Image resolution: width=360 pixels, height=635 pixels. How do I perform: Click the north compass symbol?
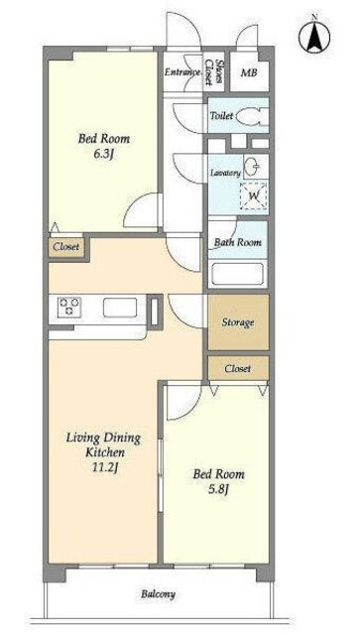pos(314,36)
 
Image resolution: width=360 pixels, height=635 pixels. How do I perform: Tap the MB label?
pos(249,72)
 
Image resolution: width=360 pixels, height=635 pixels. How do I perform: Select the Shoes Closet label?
pos(214,72)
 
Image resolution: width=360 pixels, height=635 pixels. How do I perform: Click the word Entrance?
pos(182,72)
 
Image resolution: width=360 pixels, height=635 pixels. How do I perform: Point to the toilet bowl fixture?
pos(252,116)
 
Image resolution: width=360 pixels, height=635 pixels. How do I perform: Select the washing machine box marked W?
pos(254,196)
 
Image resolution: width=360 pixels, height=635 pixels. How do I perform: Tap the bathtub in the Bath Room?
pos(238,274)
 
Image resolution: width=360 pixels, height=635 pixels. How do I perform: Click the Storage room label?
pos(238,322)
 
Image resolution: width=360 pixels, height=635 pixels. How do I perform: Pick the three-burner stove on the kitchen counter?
pos(69,307)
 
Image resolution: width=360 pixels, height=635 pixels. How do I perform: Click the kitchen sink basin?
pos(120,308)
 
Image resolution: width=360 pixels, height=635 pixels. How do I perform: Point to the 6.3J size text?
pos(104,155)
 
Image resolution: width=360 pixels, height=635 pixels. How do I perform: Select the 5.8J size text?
pos(218,489)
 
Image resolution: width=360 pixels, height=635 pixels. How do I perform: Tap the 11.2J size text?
pos(105,467)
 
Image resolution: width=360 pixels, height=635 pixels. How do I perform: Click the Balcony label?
pos(159,594)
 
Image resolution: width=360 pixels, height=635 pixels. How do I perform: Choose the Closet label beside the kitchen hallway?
pos(66,247)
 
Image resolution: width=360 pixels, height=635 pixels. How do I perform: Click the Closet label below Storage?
pos(238,368)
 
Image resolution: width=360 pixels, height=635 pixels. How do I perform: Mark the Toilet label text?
pos(221,115)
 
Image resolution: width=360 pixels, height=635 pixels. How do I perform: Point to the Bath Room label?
pos(238,242)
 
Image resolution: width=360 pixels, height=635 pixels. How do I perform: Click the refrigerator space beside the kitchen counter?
pos(155,310)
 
